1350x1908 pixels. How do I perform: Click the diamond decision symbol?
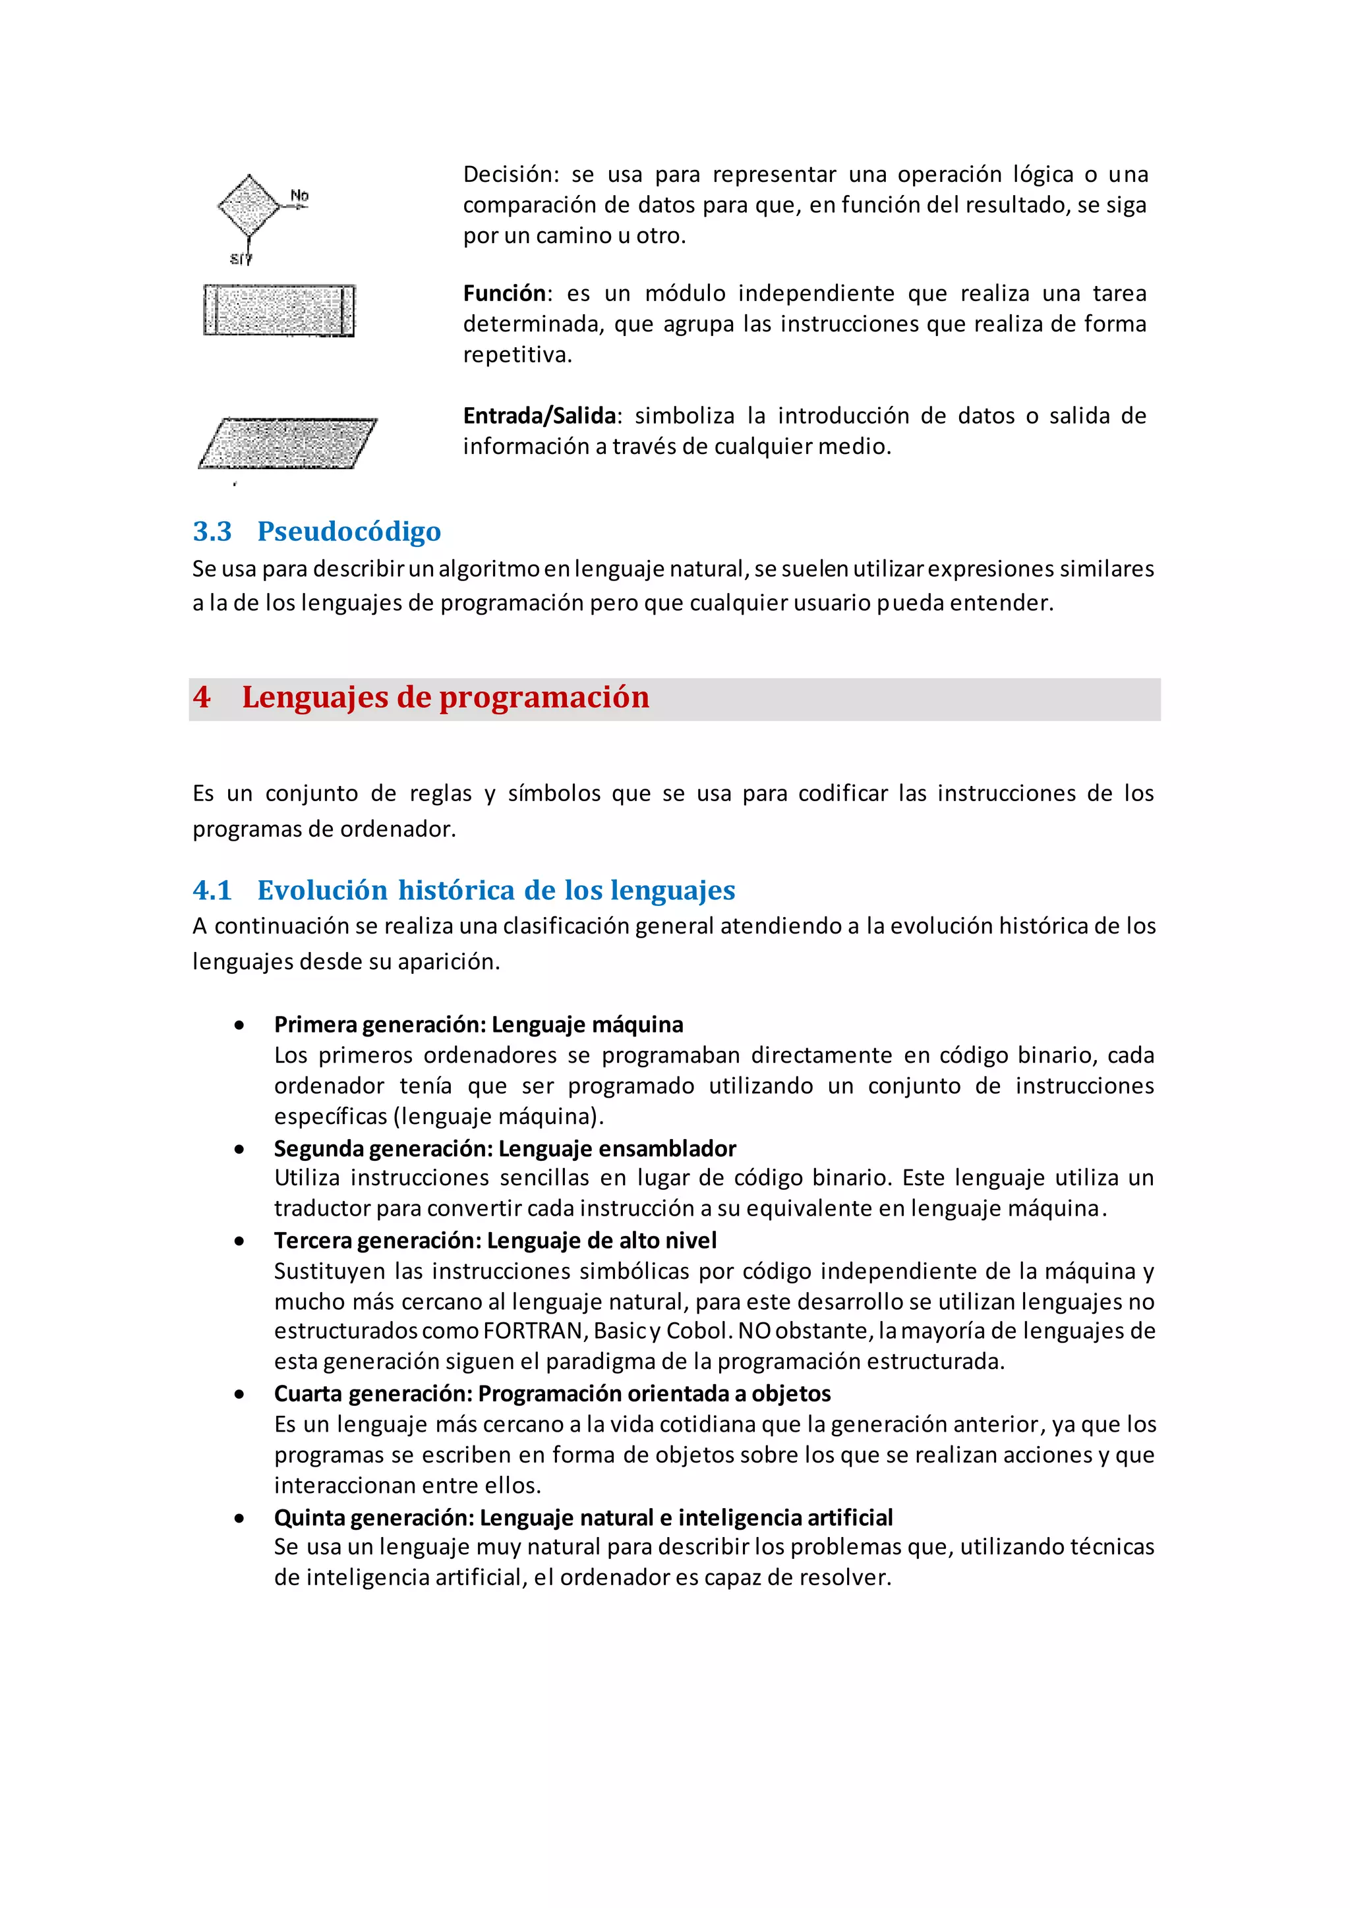click(249, 206)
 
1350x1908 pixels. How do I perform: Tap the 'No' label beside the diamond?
click(299, 196)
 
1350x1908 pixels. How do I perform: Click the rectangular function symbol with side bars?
click(279, 310)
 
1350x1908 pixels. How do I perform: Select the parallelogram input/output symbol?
click(287, 443)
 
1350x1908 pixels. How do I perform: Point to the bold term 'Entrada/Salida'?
click(539, 416)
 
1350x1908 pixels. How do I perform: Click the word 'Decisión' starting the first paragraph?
click(510, 175)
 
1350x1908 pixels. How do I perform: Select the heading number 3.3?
click(212, 531)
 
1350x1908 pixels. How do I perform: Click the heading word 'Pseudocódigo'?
click(349, 531)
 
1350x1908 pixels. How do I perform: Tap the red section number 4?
click(202, 697)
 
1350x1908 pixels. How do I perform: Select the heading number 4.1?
click(212, 890)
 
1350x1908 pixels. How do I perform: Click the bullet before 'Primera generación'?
click(239, 1025)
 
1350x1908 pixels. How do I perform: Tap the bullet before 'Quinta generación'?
click(239, 1518)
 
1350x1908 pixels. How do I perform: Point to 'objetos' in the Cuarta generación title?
click(792, 1393)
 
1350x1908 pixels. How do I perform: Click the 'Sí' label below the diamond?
click(239, 260)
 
